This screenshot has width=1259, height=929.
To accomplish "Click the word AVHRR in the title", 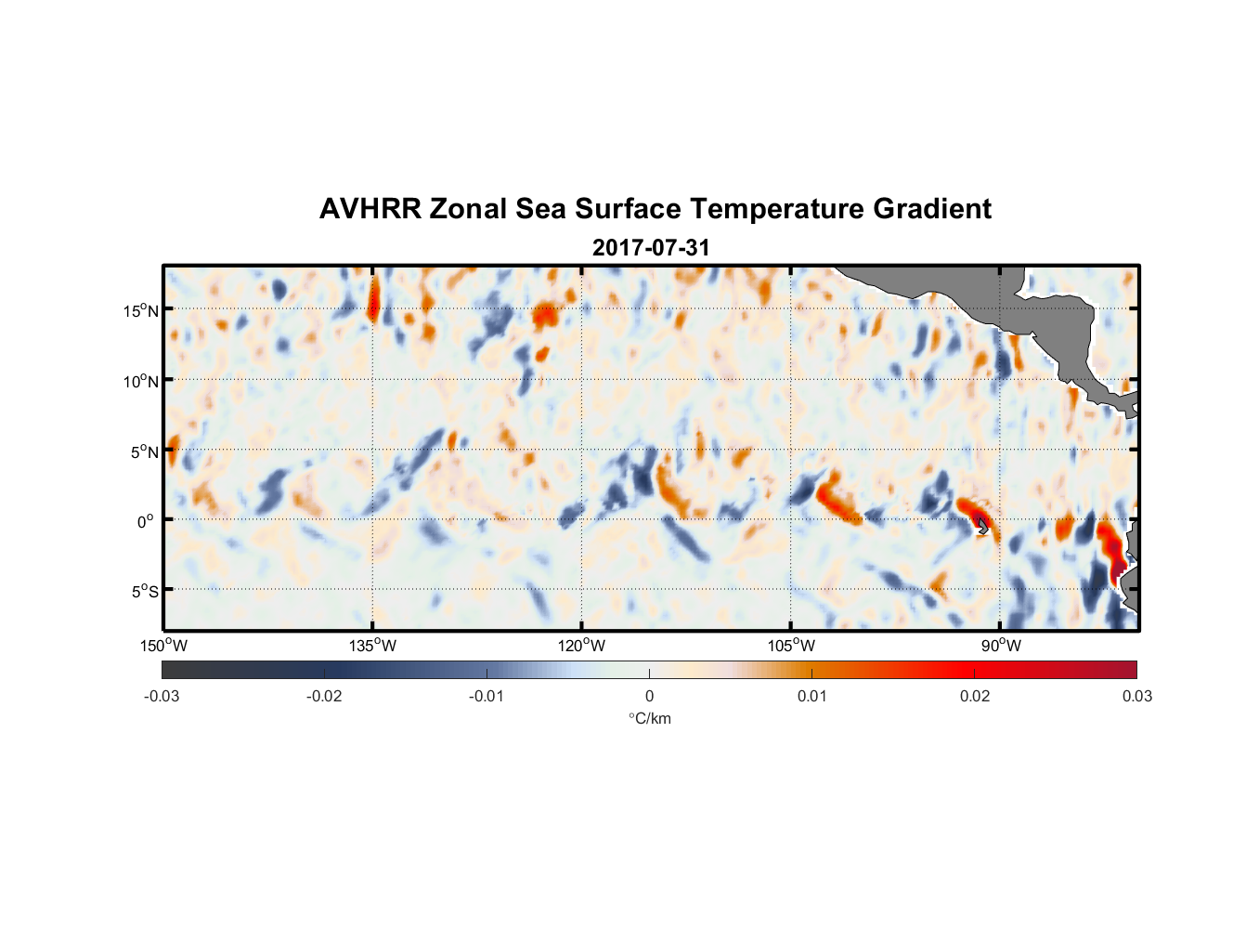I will [x=370, y=209].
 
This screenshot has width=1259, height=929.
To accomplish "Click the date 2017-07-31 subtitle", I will [x=651, y=248].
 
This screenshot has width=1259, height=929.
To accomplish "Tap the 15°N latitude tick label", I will [x=141, y=310].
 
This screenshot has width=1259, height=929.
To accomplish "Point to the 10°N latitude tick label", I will [x=141, y=381].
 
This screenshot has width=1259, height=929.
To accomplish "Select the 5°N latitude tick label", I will [x=144, y=451].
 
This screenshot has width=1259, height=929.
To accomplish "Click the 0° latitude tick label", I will [x=146, y=521].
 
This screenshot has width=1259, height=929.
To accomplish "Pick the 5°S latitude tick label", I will [x=144, y=592].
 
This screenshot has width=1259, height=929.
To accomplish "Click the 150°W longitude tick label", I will [x=163, y=646].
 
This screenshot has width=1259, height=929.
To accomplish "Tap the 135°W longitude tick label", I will [x=372, y=646].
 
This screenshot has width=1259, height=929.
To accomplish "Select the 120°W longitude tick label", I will [x=582, y=646].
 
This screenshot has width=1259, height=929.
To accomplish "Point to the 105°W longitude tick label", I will [x=791, y=646].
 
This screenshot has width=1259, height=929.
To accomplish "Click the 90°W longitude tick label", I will [x=1001, y=646].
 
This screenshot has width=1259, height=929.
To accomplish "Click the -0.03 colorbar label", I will [x=162, y=696].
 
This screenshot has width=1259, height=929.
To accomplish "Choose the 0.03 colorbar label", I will [x=1136, y=696].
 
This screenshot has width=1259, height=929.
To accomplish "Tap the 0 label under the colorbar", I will [x=649, y=696].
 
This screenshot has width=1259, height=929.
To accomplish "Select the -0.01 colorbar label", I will [x=487, y=696].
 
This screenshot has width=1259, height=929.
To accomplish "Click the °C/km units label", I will [x=649, y=718].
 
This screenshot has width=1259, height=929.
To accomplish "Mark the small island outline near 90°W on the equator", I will [x=983, y=527].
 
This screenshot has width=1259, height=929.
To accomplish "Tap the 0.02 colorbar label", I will [x=975, y=696].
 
